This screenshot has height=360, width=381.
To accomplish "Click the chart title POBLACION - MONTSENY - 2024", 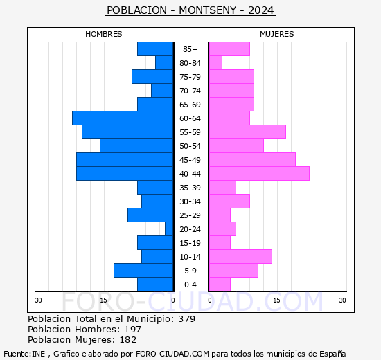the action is pos(190,10).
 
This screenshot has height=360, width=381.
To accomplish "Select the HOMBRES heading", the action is pos(103,34).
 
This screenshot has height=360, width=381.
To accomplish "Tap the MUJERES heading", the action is pos(277,34).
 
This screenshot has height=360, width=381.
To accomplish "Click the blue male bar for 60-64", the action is pos(123,118).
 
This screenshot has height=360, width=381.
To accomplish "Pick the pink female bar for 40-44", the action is pos(259,174).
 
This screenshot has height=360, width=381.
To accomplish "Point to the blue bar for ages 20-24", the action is pos(169,229).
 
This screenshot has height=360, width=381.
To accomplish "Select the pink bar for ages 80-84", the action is pos(215,63).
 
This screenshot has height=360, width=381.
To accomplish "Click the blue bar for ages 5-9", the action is pos(143,271).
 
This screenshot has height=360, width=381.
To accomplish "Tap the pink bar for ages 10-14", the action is pos(240,257).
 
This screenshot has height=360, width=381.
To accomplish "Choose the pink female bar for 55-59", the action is pos(247,132).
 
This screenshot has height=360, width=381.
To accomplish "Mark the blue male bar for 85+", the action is pos(155,49).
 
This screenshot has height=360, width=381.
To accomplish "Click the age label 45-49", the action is pos(190,160).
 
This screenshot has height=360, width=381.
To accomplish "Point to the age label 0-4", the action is pos(190,285).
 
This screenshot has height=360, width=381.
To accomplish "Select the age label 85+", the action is pos(190,49).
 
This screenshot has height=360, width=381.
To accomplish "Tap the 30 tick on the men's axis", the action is pos(38,300).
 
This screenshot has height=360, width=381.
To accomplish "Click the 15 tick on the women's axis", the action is pos(276,300).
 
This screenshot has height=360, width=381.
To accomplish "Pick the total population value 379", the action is pos(186,318).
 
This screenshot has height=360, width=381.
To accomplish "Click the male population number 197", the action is pos(133,329).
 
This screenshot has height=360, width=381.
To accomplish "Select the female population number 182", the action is pos(128,340).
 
